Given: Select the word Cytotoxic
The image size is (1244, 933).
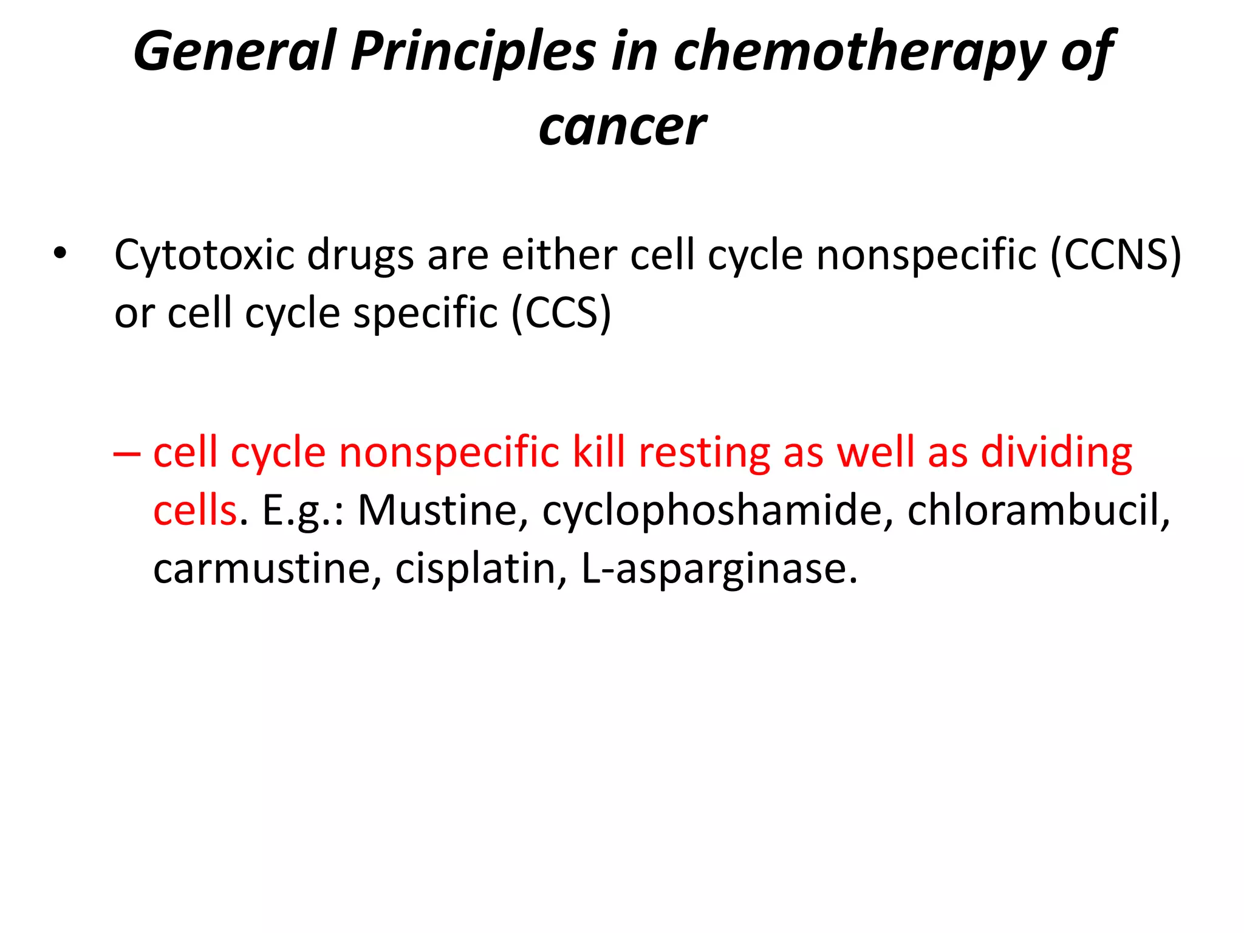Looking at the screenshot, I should pos(204,255).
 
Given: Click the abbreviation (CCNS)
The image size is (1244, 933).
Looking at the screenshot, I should pos(1115,255).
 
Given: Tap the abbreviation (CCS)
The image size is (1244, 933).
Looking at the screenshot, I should pos(561,313).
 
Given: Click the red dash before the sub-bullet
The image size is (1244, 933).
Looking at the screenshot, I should pos(126,453).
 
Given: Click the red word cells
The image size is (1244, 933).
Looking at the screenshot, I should pos(194,510).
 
